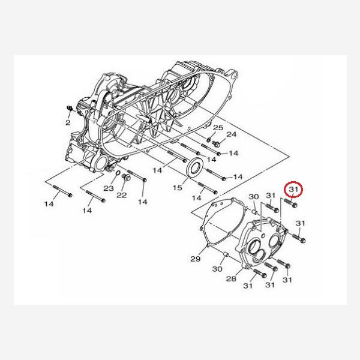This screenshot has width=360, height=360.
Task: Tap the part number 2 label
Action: click(68, 122)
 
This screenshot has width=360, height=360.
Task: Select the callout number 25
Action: click(218, 128)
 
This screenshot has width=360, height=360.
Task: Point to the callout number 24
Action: click(231, 134)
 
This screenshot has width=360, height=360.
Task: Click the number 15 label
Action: click(177, 188)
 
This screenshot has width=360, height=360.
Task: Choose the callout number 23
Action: click(109, 188)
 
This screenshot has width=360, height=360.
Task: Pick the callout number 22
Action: click(122, 195)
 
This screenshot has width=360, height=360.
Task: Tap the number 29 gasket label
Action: click(196, 259)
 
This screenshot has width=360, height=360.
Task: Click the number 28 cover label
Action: click(231, 279)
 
